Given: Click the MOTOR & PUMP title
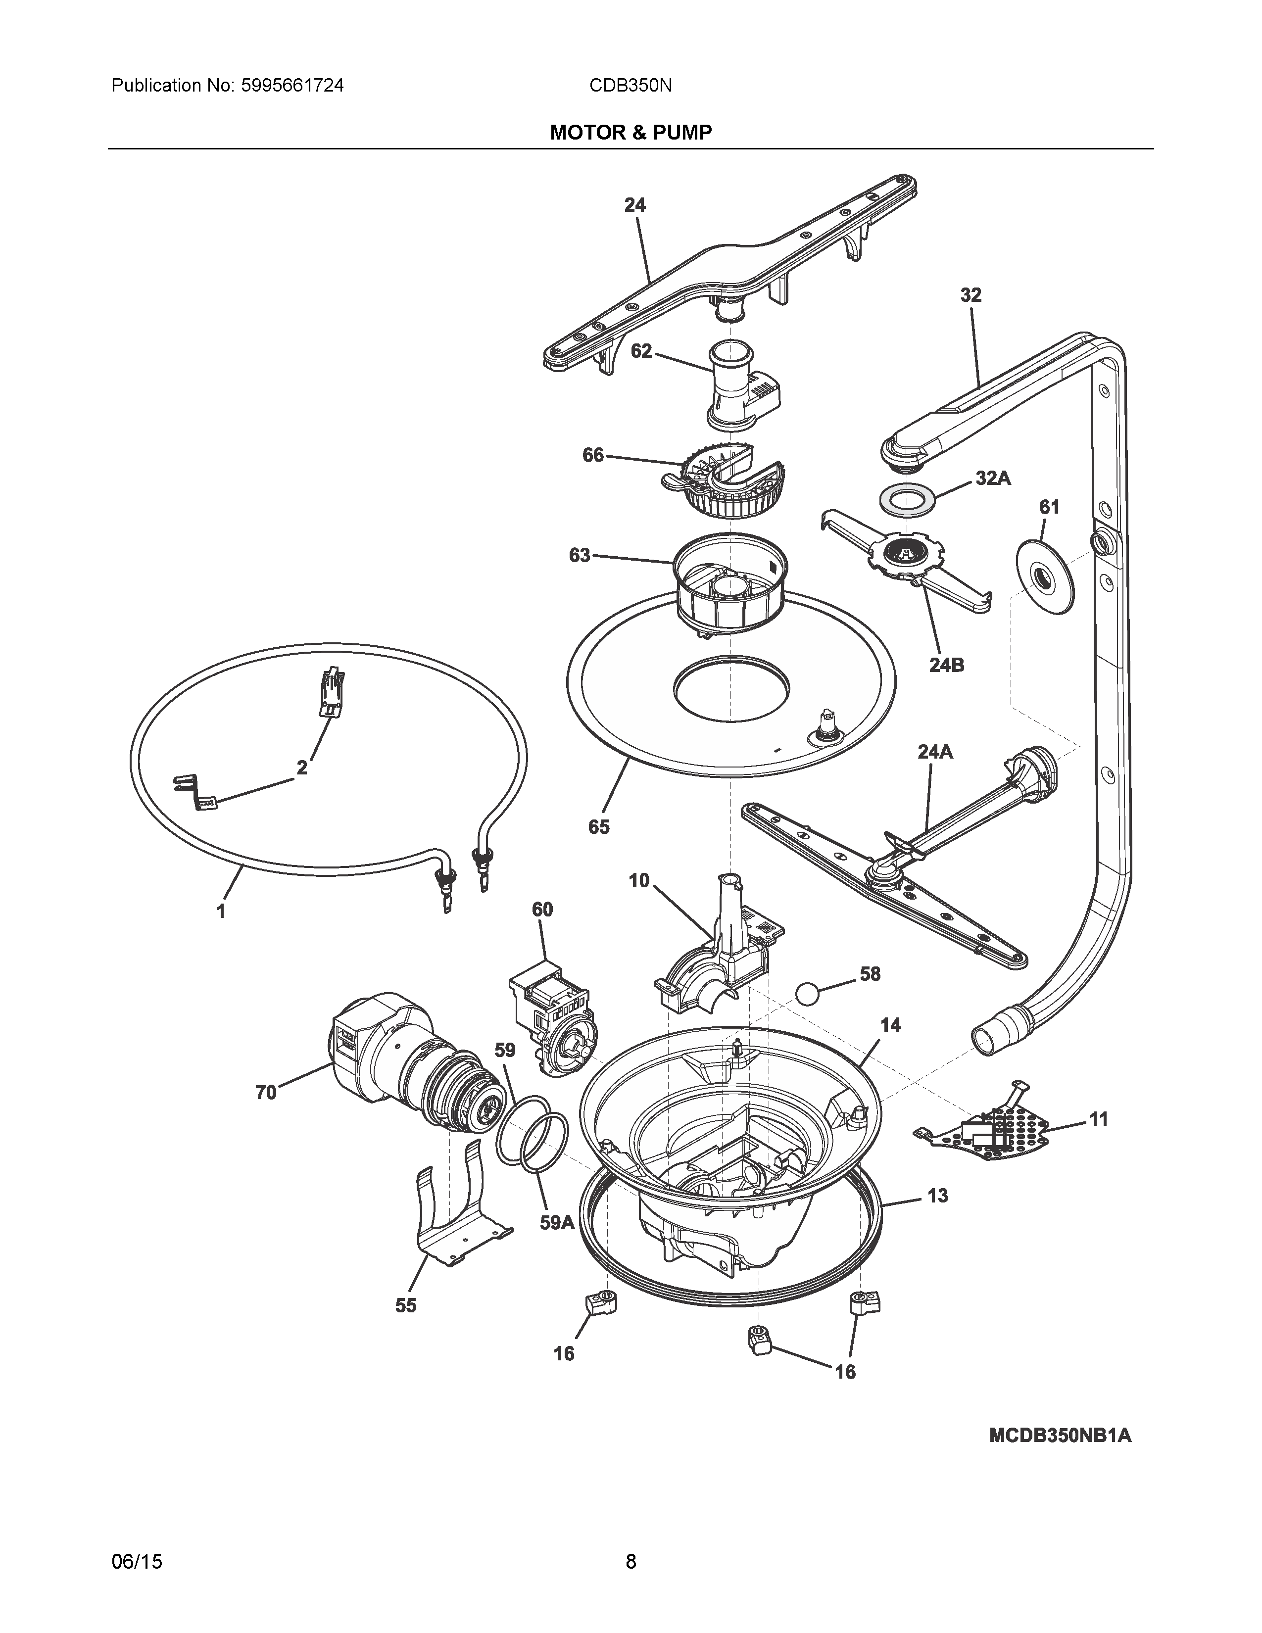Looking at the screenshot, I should [x=630, y=133].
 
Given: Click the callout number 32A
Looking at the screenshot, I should [x=993, y=479].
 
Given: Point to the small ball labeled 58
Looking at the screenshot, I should [x=808, y=995].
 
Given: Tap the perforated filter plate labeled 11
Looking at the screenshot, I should [x=991, y=1137].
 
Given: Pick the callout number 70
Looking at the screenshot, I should [x=265, y=1093].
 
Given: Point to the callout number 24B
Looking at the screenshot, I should [x=946, y=664].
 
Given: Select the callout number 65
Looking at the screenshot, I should [x=599, y=826].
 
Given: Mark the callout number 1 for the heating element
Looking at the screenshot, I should [x=221, y=912].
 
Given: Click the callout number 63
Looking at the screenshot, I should [x=580, y=556].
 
